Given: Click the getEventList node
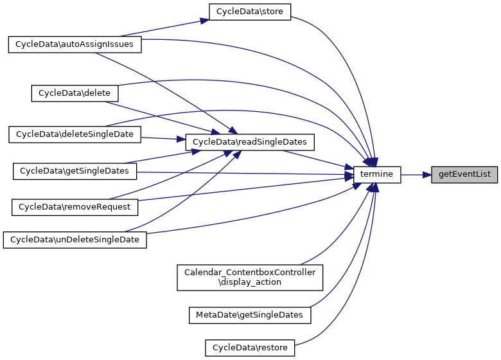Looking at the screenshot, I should [x=464, y=174].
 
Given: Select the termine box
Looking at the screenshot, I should [x=378, y=174].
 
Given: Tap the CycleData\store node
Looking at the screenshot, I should [x=250, y=12].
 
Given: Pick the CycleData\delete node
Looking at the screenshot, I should [x=75, y=93].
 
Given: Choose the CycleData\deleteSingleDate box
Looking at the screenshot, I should [x=75, y=134].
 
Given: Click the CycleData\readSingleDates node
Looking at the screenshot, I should [x=250, y=141].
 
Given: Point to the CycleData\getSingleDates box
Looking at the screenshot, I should [x=75, y=171].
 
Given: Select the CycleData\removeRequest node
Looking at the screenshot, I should [x=75, y=207].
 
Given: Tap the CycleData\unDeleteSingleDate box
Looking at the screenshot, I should [x=75, y=239].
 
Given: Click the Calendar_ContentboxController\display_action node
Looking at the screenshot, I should [x=250, y=277].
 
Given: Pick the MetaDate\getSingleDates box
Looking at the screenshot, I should [x=250, y=315].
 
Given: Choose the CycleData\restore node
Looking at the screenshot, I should [x=250, y=348].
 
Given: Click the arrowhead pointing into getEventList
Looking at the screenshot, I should [x=426, y=174].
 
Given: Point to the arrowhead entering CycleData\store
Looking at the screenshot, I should [x=204, y=21].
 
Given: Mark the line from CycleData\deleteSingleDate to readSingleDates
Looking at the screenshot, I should [x=161, y=138].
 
